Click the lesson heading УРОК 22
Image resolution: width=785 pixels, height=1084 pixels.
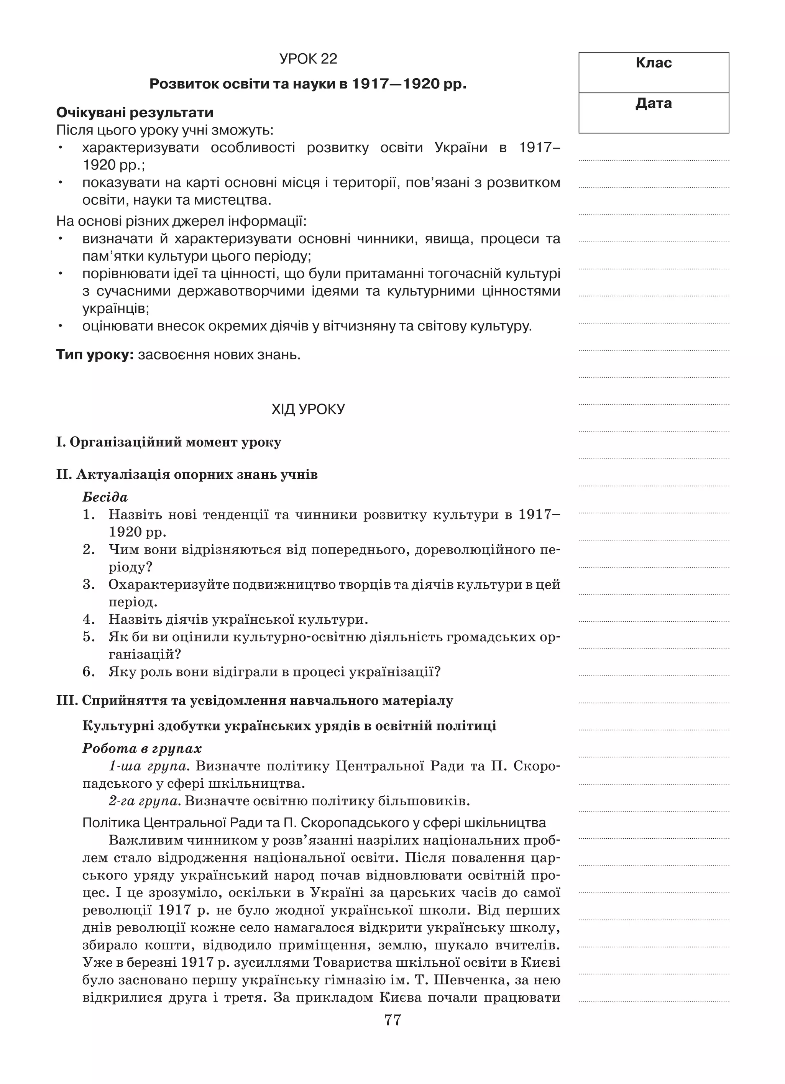tap(308, 59)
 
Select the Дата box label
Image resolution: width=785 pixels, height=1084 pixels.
tap(653, 103)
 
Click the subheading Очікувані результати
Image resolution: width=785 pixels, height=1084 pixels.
tap(135, 113)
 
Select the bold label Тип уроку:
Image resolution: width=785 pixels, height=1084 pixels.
tap(95, 355)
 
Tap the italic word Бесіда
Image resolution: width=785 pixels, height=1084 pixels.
tap(105, 498)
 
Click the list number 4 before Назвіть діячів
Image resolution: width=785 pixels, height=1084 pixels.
tap(89, 619)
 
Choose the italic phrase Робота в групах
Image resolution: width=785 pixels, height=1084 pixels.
tap(142, 749)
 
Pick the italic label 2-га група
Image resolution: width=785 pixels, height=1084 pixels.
tap(145, 801)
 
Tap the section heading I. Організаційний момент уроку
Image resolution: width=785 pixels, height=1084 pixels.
tap(169, 442)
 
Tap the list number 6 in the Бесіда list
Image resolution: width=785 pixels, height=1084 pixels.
tap(89, 672)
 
